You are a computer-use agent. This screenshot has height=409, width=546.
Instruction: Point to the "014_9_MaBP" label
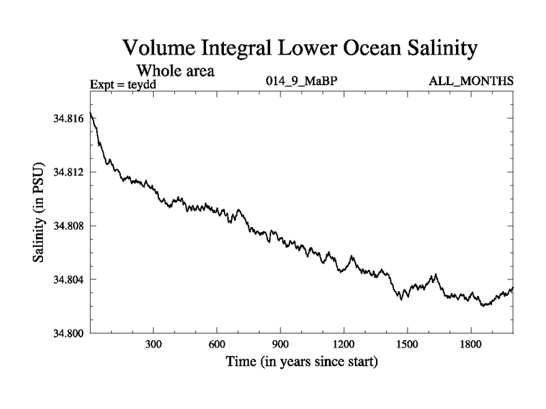coord(302,82)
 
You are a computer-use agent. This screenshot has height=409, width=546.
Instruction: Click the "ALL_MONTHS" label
coord(471,82)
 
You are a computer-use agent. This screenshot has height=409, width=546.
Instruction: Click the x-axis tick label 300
coord(154,345)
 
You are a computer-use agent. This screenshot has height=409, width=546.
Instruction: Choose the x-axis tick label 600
coord(217,345)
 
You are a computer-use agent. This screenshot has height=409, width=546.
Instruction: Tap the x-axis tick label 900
coord(281,345)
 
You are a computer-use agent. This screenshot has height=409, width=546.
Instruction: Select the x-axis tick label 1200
coord(344,345)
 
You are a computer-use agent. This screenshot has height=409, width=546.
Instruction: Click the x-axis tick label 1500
coord(407,345)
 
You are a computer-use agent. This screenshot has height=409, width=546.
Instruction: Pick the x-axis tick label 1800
coord(471,345)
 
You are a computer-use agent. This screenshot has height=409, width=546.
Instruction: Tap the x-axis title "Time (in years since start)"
coord(302,362)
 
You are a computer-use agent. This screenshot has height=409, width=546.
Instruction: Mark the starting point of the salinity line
coord(91,112)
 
